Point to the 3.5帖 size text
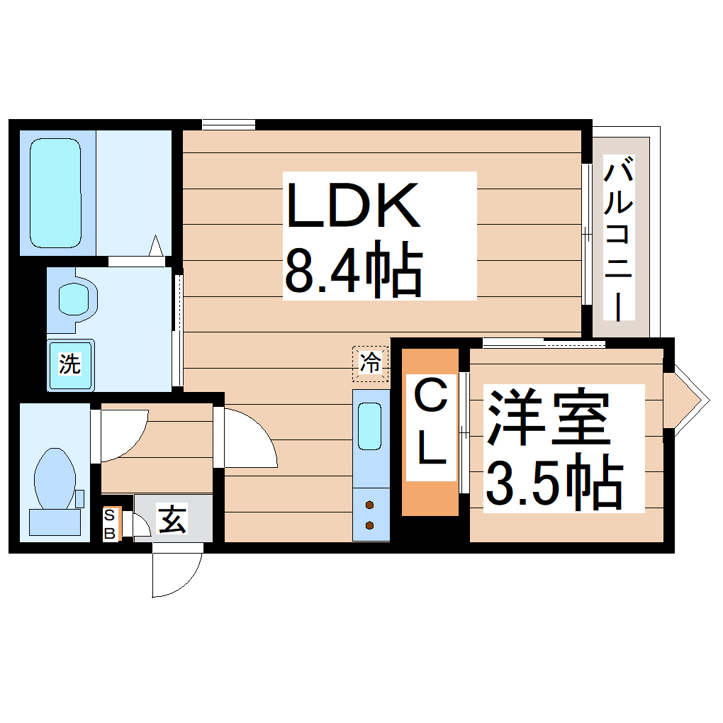(554, 486)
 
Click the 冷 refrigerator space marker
(371, 363)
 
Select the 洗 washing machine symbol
(69, 365)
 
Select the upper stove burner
(370, 505)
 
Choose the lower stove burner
(370, 525)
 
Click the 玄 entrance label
(172, 520)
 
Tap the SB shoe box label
(110, 525)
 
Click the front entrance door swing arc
(177, 574)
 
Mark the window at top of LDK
(228, 125)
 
